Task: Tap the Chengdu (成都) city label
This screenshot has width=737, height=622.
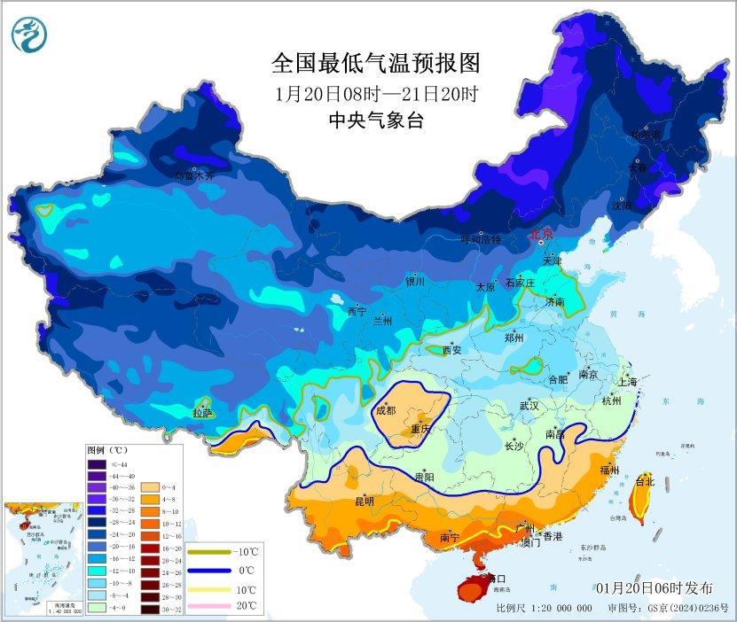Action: (x=386, y=410)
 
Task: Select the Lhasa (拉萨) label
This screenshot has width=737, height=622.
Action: (x=202, y=413)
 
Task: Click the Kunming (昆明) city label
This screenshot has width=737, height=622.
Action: (x=364, y=501)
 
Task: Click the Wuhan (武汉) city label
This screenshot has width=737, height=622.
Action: (x=530, y=406)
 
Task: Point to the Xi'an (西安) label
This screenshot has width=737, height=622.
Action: (x=451, y=350)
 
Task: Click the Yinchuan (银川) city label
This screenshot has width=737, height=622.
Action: (x=415, y=282)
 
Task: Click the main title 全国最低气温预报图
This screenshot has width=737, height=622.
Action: (x=375, y=64)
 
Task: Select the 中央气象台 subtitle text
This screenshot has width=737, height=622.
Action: (x=375, y=121)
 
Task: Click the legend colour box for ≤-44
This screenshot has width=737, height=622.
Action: (x=97, y=463)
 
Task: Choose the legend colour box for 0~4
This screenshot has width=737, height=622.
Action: (x=148, y=487)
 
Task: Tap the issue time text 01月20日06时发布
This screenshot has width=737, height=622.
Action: (x=653, y=588)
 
